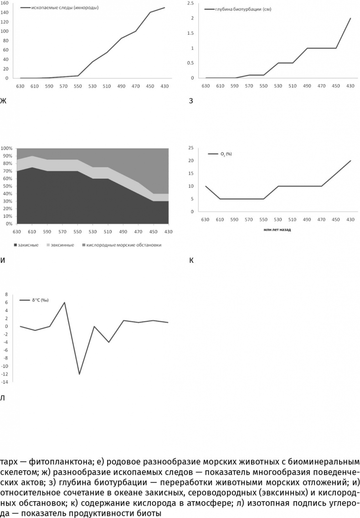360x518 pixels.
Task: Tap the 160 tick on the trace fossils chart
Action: point(4,3)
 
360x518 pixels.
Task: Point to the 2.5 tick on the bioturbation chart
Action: point(191,3)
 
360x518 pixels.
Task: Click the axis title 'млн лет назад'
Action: point(277,230)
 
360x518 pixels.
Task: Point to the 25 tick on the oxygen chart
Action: point(191,148)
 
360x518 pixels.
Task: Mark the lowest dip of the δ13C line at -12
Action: point(79,374)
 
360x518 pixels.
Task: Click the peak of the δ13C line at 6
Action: point(65,302)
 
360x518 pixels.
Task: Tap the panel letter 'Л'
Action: point(3,398)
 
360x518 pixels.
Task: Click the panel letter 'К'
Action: point(191,261)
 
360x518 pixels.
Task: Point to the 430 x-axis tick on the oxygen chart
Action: point(350,220)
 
